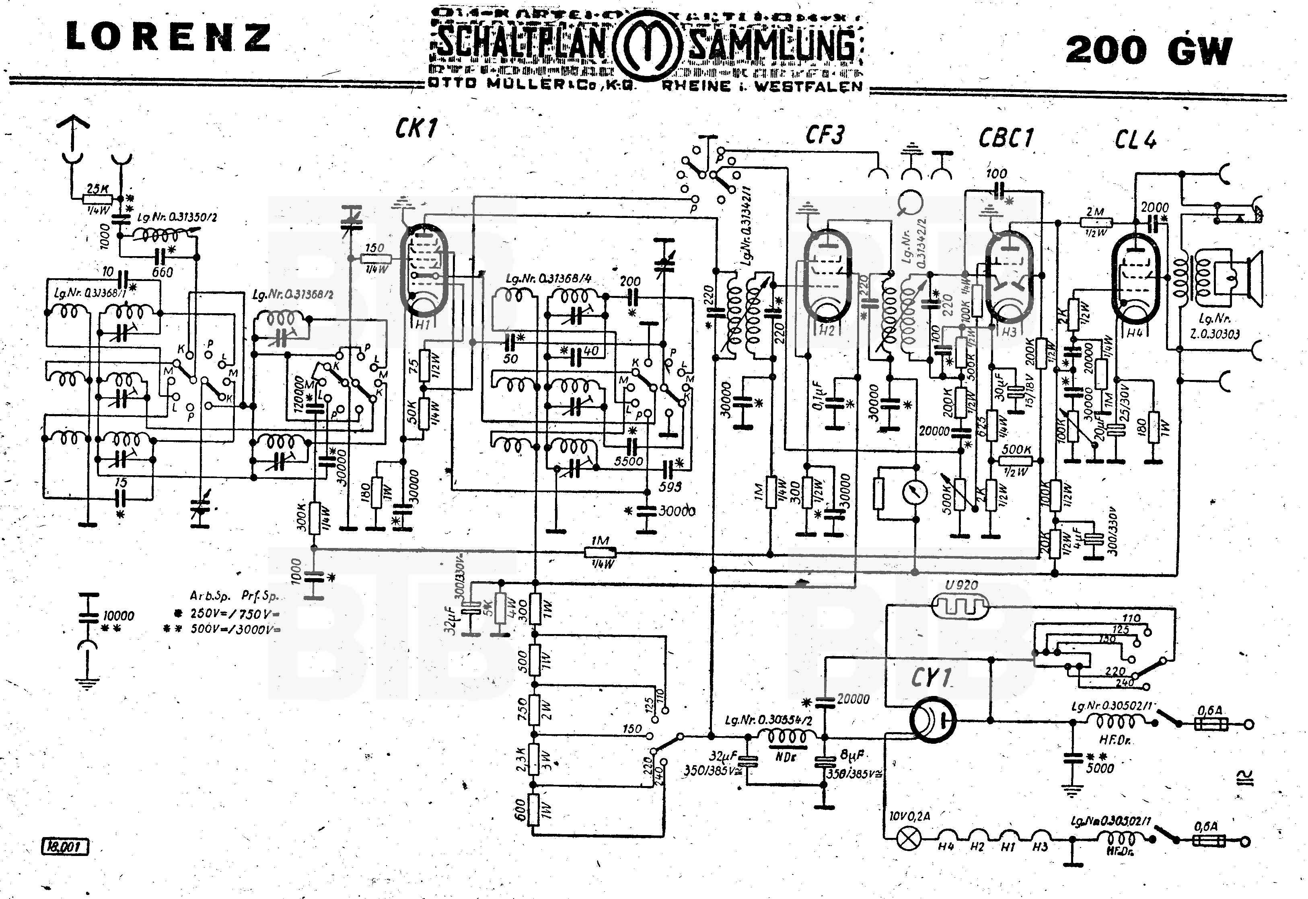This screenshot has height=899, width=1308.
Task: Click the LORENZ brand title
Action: point(169,38)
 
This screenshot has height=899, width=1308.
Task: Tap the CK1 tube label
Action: point(416,129)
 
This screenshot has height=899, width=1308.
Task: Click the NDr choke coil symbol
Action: point(786,736)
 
